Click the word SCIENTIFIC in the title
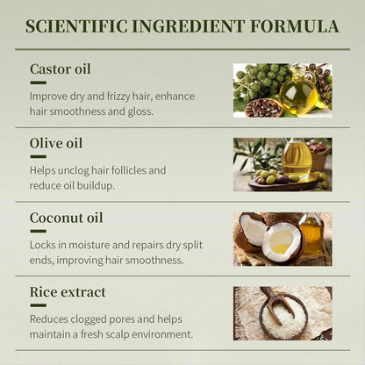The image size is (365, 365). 76,26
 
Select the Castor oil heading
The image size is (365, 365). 61,69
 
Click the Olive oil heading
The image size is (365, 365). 56,143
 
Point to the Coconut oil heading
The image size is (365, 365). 67,218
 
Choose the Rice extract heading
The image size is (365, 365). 68,292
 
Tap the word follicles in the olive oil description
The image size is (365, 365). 126,170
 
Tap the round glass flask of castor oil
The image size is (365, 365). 298,90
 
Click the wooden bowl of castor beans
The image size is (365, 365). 263,108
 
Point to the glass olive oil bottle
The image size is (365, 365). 297,158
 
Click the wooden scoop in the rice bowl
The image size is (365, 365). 276,304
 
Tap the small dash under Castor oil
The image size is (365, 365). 38,82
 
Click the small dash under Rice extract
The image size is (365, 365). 38,305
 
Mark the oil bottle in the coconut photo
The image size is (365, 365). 311,234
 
